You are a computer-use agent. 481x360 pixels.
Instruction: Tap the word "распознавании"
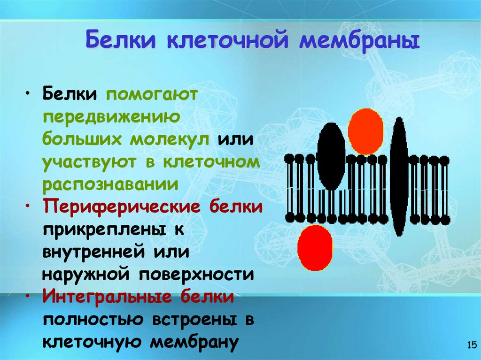click(x=111, y=184)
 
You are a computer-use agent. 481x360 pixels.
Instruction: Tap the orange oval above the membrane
click(x=365, y=131)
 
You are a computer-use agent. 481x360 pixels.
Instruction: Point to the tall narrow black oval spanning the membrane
click(x=399, y=176)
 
